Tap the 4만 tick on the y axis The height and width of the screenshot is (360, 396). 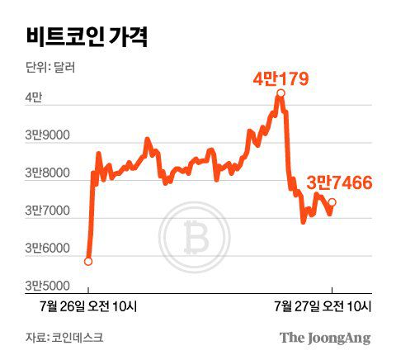click(33, 97)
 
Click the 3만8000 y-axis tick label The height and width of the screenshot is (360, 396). click(48, 173)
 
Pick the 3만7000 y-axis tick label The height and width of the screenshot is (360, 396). click(48, 211)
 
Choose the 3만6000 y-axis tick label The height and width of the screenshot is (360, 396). click(48, 249)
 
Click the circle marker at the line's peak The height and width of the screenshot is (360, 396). click(280, 94)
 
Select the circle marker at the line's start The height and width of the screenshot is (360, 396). click(88, 262)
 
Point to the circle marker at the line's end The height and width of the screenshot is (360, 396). click(332, 202)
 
